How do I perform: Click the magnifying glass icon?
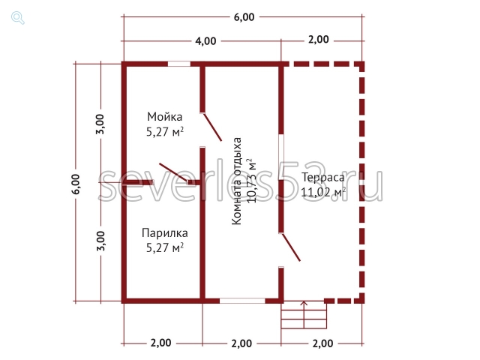pyautogui.click(x=18, y=18)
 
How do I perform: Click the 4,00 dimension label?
pyautogui.click(x=205, y=41)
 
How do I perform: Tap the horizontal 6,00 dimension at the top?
pyautogui.click(x=244, y=17)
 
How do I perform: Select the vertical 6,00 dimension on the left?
pyautogui.click(x=76, y=184)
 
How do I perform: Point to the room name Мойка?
pyautogui.click(x=165, y=117)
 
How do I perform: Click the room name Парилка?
pyautogui.click(x=165, y=233)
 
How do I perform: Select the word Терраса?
pyautogui.click(x=323, y=178)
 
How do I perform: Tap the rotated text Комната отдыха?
pyautogui.click(x=236, y=181)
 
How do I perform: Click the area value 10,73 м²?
pyautogui.click(x=251, y=181)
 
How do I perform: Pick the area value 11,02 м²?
pyautogui.click(x=323, y=192)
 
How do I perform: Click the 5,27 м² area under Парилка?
pyautogui.click(x=165, y=247)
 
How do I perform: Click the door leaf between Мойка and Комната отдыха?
pyautogui.click(x=212, y=127)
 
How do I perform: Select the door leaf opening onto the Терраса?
pyautogui.click(x=291, y=247)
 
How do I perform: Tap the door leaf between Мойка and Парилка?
pyautogui.click(x=173, y=172)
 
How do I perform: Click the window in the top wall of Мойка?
pyautogui.click(x=179, y=64)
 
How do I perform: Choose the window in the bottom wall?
pyautogui.click(x=242, y=301)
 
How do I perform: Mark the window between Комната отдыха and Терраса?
pyautogui.click(x=281, y=157)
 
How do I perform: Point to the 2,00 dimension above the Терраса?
pyautogui.click(x=318, y=40)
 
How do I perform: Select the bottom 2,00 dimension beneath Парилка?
pyautogui.click(x=160, y=343)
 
